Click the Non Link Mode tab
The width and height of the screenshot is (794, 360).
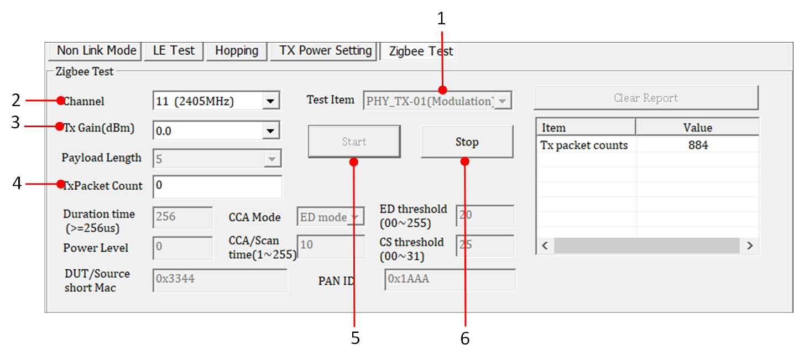[x=96, y=51]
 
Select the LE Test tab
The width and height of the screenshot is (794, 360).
[x=174, y=51]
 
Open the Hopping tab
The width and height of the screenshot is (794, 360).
[x=236, y=51]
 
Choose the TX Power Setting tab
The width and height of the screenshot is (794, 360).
[x=325, y=51]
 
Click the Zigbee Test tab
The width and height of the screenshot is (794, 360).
[x=421, y=51]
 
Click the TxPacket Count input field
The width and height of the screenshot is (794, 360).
[x=217, y=186]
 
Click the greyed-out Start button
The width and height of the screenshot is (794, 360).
[x=354, y=142]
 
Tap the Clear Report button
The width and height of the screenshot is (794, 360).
[x=645, y=98]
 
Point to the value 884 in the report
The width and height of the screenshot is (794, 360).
[x=698, y=145]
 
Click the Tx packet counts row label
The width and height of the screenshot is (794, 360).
[x=584, y=145]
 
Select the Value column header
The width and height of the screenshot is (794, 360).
[x=697, y=128]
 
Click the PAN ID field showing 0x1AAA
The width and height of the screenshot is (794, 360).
[x=450, y=279]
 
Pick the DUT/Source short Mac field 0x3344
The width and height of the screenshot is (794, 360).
[x=220, y=279]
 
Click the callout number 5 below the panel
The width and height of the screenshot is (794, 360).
[x=355, y=338]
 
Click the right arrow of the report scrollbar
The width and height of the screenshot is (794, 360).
[x=750, y=246]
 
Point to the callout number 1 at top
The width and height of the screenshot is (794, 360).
[x=441, y=19]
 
